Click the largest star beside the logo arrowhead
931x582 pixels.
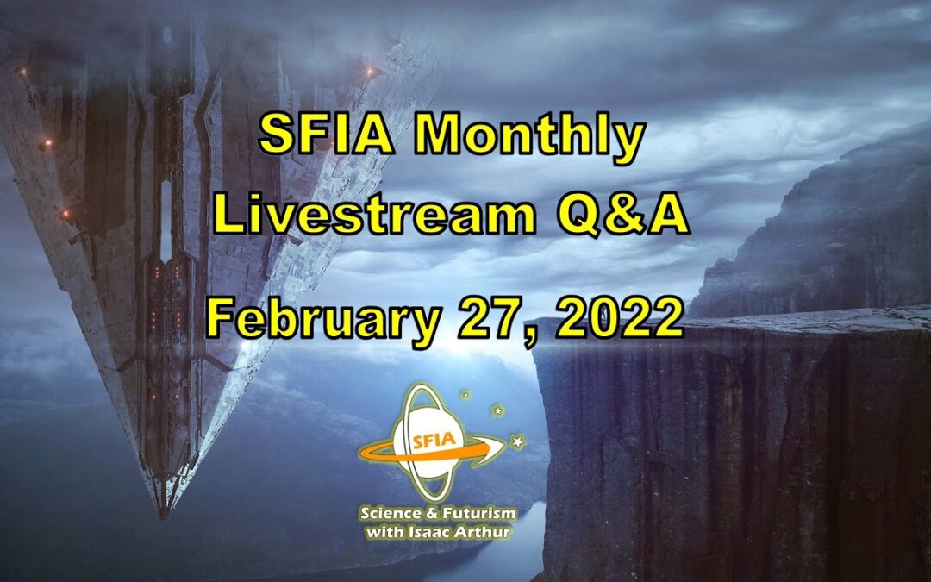(x=517, y=441)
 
